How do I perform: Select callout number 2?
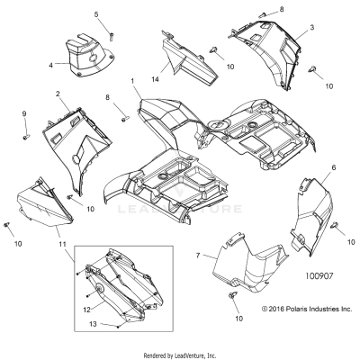tap(57, 94)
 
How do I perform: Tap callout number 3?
tap(311, 28)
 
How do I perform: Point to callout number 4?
tap(50, 64)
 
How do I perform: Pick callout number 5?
tap(96, 14)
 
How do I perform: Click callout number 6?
tap(309, 168)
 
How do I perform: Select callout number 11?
tap(61, 244)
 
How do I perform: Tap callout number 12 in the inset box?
tap(86, 310)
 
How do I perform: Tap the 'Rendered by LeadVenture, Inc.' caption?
tap(180, 355)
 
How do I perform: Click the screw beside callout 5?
tap(112, 34)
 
